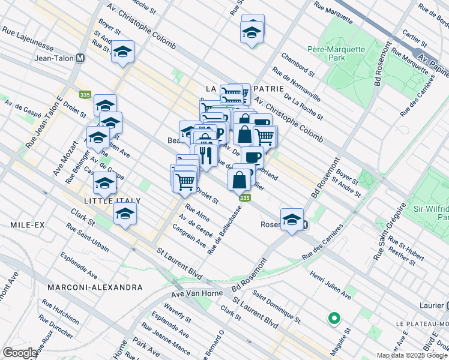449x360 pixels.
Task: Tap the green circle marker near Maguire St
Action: [334, 318]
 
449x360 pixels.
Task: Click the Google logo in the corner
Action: [20, 353]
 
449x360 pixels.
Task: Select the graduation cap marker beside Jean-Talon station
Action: [122, 52]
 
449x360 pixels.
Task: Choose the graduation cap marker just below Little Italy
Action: [125, 214]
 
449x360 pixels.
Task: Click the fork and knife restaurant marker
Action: [206, 155]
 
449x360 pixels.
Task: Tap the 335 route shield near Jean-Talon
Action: [85, 94]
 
